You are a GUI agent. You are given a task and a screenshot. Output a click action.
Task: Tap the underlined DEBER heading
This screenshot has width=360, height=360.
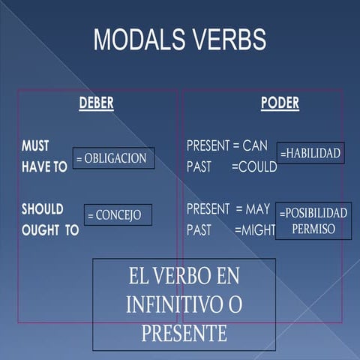coord(96,104)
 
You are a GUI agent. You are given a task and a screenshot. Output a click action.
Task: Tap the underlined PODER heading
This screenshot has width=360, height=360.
coord(280,104)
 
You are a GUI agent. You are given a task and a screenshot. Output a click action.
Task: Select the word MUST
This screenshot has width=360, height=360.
coord(36,146)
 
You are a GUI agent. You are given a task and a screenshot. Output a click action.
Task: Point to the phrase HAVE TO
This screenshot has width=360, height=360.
coord(44,167)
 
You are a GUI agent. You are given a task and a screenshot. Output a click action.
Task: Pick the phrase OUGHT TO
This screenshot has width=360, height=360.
coord(49,230)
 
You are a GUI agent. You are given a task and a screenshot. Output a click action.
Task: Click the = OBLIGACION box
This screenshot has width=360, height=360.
coord(114,158)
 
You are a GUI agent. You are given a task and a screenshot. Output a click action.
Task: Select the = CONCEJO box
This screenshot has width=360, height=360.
coord(118,215)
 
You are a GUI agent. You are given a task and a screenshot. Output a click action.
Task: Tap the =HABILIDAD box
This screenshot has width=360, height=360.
coord(310,153)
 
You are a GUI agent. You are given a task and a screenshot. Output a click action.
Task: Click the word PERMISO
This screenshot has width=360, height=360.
coord(313,229)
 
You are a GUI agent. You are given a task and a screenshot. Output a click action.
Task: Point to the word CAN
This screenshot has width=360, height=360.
coord(255,145)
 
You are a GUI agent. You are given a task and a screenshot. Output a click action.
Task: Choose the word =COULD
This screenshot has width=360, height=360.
coord(254,166)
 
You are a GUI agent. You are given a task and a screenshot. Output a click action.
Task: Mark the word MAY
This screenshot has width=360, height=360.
coord(258,208)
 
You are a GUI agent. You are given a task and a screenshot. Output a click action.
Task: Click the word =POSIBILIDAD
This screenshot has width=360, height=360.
coord(313,213)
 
